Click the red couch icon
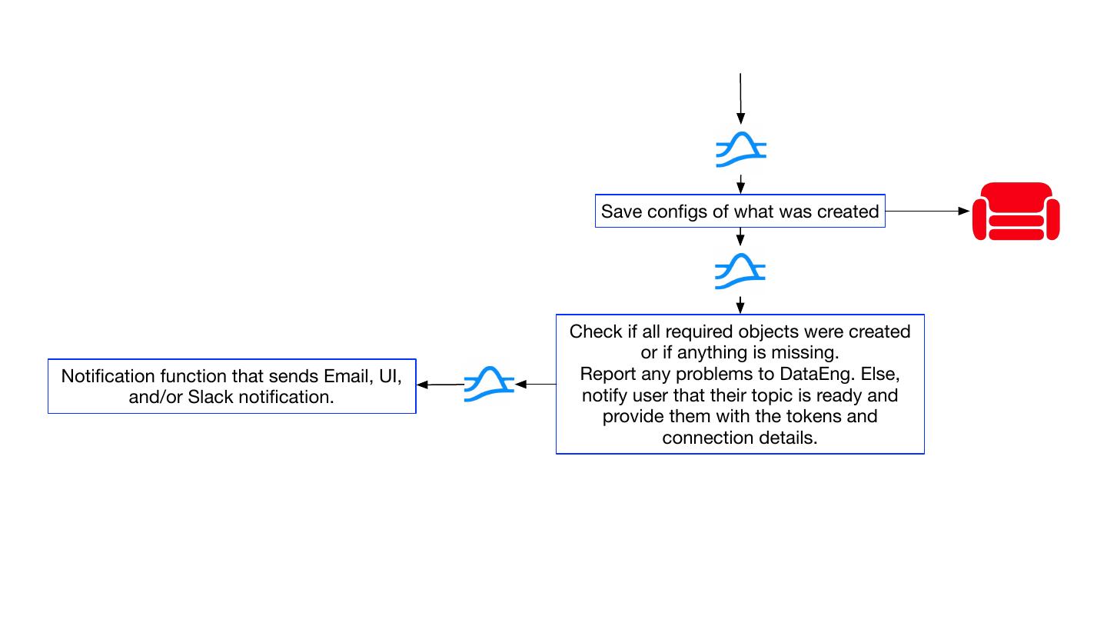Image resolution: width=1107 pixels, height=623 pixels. pos(1016,212)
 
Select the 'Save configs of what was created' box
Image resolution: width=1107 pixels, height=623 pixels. pos(740,211)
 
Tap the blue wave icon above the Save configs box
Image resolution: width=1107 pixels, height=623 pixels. pos(741,149)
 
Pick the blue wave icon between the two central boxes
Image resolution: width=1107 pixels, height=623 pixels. pos(740,271)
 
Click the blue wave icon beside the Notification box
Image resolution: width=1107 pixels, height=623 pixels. pos(489,385)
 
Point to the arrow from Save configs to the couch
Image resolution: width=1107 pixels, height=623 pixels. pos(927,211)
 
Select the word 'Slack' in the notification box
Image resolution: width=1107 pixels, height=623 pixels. pos(211,397)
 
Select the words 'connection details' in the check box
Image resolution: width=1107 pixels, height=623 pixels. pos(740,438)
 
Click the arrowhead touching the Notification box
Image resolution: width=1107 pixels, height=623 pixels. pos(423,385)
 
